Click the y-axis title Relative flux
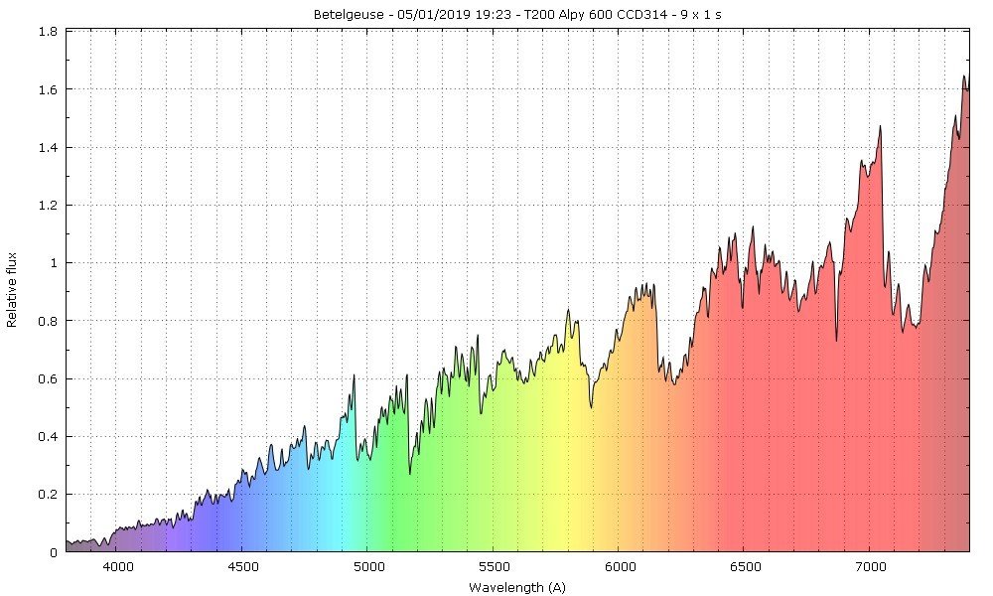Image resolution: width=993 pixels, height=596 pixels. (x=13, y=290)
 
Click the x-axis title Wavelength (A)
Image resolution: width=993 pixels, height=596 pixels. (x=516, y=587)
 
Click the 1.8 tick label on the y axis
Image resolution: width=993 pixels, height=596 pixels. (x=47, y=32)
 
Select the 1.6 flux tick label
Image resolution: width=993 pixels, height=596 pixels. (x=47, y=89)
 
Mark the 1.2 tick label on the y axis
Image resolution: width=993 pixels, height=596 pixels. (x=47, y=206)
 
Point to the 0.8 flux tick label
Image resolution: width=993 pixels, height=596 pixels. (x=47, y=321)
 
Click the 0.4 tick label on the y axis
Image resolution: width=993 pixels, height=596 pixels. (x=47, y=437)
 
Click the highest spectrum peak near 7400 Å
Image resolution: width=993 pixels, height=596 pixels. (x=963, y=76)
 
